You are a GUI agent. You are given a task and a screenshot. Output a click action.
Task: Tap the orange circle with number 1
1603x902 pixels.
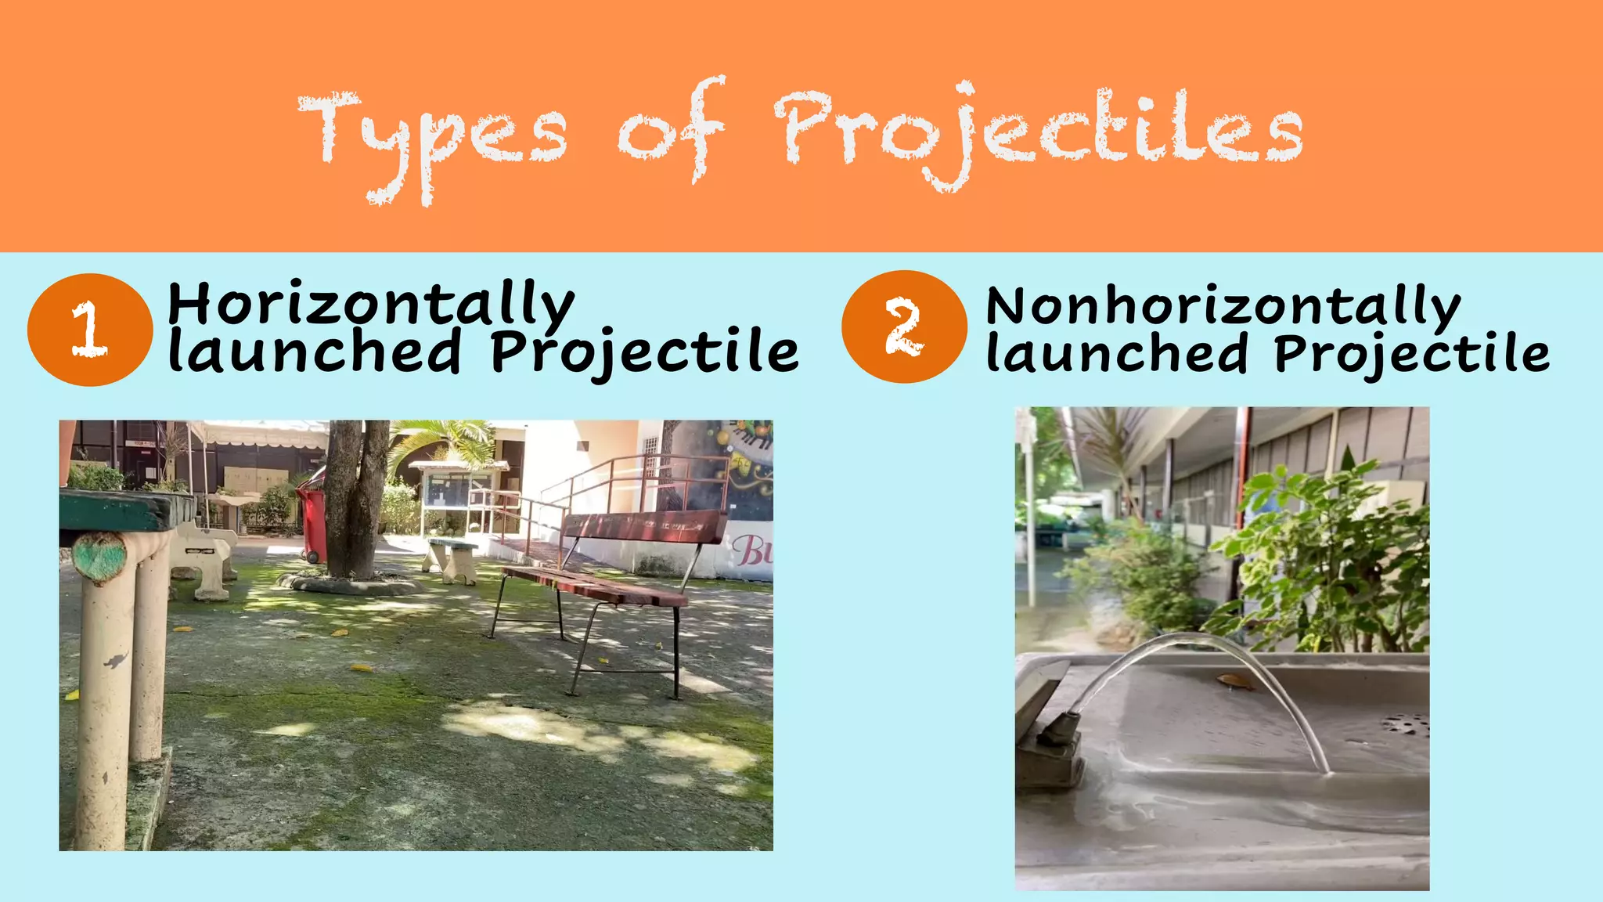click(89, 329)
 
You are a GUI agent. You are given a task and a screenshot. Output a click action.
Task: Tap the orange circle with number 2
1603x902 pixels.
click(904, 327)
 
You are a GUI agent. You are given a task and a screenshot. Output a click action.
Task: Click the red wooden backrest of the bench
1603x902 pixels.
click(647, 527)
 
